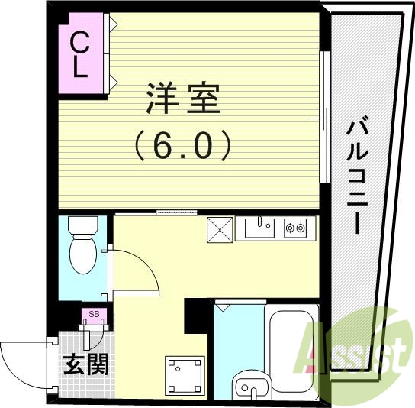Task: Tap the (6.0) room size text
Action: [182, 144]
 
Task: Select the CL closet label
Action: [79, 54]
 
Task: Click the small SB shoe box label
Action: [94, 313]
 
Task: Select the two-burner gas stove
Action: [295, 226]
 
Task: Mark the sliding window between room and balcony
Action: [325, 118]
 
